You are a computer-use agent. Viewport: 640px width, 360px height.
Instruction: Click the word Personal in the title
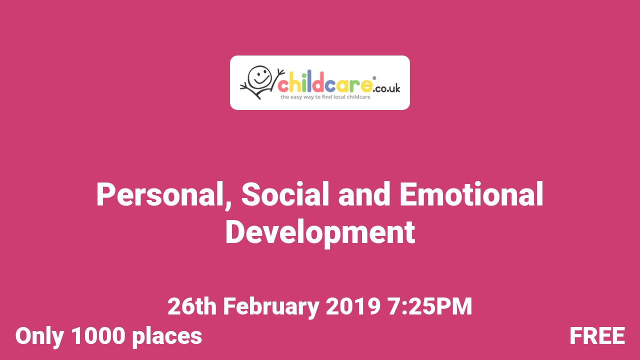159,194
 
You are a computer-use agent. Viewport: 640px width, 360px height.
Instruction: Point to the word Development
320,232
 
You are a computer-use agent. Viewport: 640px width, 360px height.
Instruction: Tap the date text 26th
192,306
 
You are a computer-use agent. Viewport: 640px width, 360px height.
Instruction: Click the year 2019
353,306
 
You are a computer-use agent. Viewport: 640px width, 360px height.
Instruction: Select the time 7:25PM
429,306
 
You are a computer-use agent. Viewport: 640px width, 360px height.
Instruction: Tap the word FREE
597,336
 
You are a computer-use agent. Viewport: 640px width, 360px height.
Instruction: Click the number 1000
98,336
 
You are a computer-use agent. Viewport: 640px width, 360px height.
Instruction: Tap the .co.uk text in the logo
386,88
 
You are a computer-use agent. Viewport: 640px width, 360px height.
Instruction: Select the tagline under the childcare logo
325,97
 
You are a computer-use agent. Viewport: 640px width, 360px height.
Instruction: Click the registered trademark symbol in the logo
374,78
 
